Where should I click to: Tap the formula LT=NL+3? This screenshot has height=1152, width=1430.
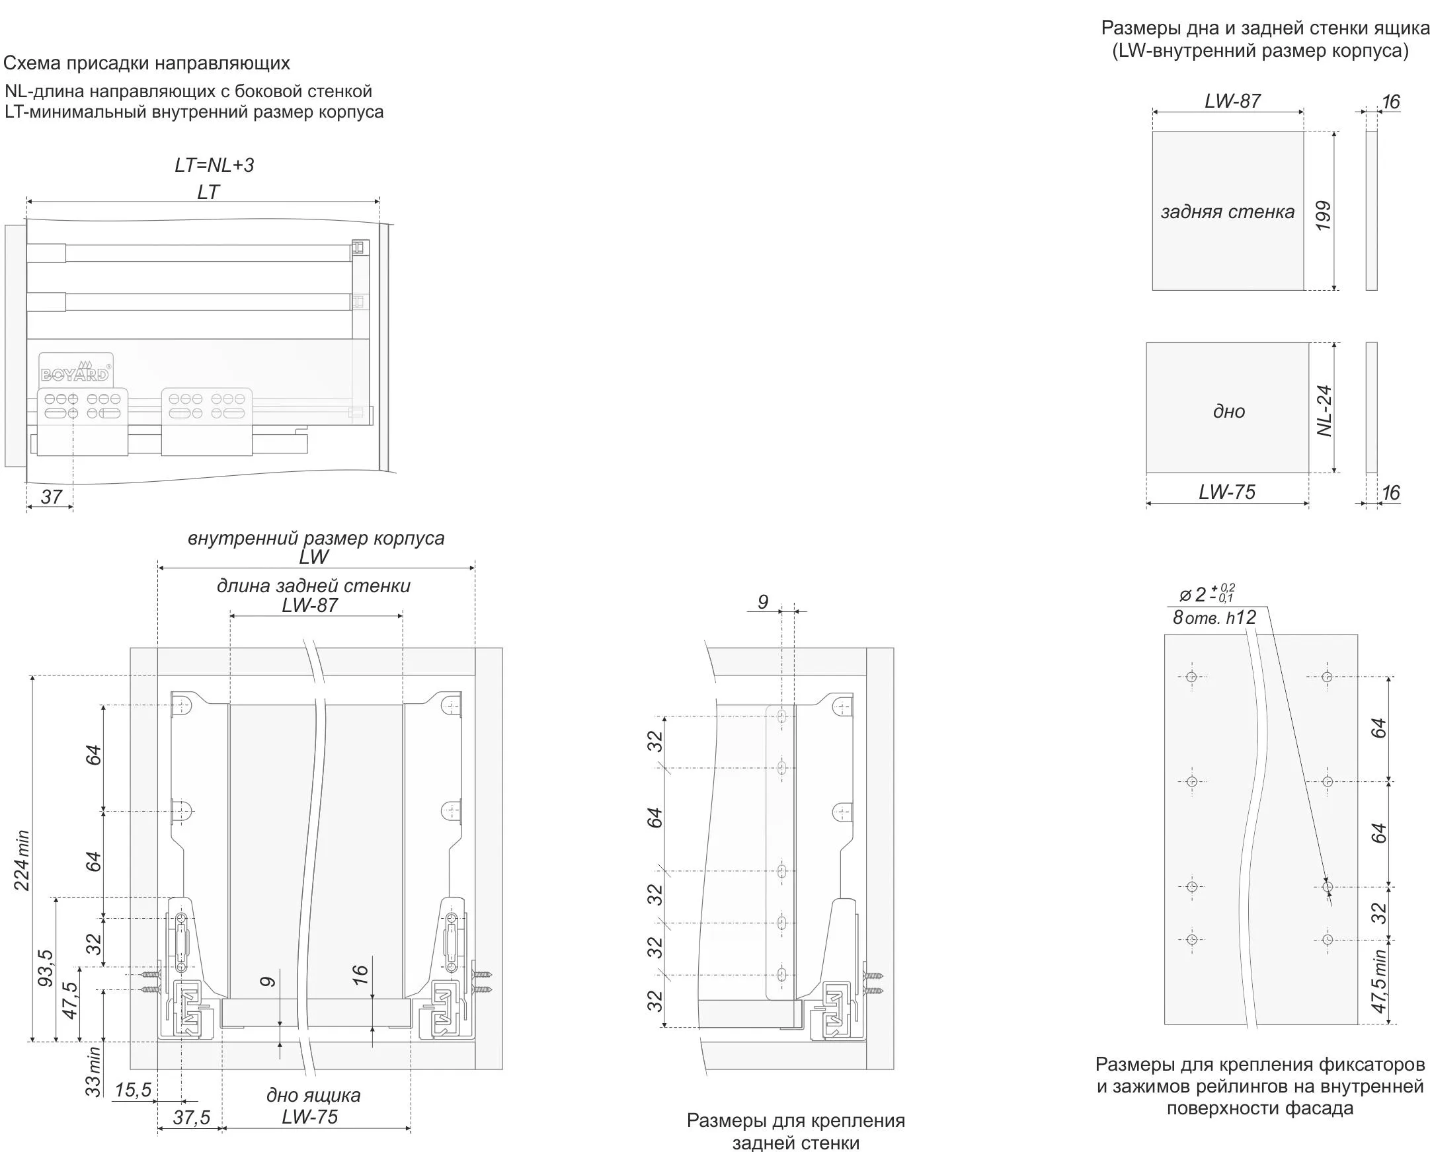pyautogui.click(x=214, y=165)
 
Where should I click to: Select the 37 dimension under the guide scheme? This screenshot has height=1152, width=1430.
pyautogui.click(x=51, y=496)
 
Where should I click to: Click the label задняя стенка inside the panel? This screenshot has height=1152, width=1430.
pyautogui.click(x=1228, y=211)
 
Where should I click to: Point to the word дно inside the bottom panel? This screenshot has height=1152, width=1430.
pyautogui.click(x=1229, y=411)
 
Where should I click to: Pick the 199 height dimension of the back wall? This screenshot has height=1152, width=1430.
pyautogui.click(x=1323, y=215)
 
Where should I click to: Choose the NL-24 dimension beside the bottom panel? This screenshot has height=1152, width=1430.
pyautogui.click(x=1324, y=410)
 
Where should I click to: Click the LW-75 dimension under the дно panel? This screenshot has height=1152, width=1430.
pyautogui.click(x=1227, y=492)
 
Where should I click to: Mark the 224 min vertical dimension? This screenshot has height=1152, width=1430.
pyautogui.click(x=22, y=859)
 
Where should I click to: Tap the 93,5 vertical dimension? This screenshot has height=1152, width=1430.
pyautogui.click(x=45, y=968)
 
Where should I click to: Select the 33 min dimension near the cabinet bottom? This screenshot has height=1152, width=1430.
pyautogui.click(x=95, y=1071)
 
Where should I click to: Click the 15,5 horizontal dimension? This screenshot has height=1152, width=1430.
pyautogui.click(x=133, y=1090)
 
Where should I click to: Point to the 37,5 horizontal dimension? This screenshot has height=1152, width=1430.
pyautogui.click(x=191, y=1118)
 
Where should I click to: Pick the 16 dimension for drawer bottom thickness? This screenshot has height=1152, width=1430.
pyautogui.click(x=359, y=974)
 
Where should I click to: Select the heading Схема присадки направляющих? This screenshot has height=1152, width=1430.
pyautogui.click(x=147, y=63)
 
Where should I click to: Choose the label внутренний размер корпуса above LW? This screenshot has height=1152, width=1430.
pyautogui.click(x=316, y=537)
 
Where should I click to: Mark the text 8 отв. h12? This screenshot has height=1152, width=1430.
pyautogui.click(x=1214, y=618)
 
